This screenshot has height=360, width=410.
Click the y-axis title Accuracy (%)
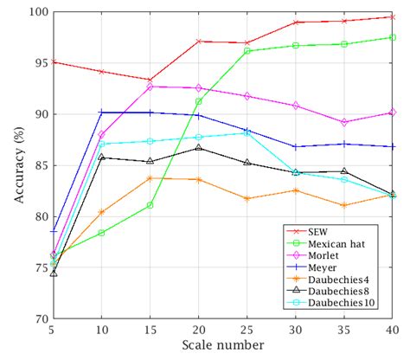click(18, 164)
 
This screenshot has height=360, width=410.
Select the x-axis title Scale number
click(222, 345)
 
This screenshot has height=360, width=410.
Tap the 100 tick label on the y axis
click(35, 12)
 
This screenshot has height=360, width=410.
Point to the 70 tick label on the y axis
click(38, 318)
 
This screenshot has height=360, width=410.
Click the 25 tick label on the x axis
click(247, 331)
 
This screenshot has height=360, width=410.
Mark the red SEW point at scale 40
click(393, 17)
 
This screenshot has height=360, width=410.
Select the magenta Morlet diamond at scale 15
click(151, 87)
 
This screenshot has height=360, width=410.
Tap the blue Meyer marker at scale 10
click(102, 112)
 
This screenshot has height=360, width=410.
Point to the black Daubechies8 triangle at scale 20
click(199, 148)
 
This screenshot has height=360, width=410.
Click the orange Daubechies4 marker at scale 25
click(247, 198)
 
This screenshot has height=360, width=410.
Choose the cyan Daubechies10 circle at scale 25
click(247, 133)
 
